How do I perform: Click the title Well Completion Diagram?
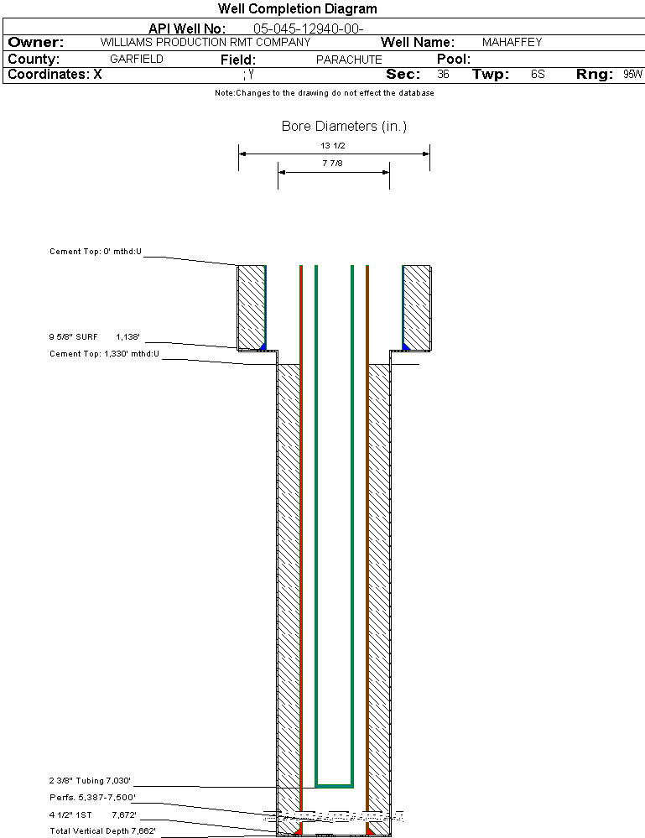point(297,9)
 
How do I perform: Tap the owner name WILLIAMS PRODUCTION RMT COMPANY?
point(205,42)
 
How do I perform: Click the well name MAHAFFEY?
point(512,42)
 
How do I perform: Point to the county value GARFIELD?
point(137,60)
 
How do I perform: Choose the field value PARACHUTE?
point(349,60)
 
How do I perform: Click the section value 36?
point(443,75)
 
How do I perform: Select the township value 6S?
point(538,75)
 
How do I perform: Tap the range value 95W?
point(632,75)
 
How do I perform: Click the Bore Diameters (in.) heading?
point(344,127)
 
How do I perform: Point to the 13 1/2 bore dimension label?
point(334,146)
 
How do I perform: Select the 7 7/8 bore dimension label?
point(333,164)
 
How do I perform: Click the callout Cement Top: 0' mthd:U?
point(96,252)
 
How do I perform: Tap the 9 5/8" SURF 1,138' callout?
point(94,336)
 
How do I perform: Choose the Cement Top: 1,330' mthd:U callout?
point(104,354)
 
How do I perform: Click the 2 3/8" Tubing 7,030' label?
point(91,780)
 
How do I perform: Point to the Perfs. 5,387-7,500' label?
point(92,797)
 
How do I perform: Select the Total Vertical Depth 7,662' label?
point(102,830)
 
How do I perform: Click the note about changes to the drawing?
point(324,93)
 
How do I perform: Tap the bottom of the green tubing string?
point(334,785)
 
